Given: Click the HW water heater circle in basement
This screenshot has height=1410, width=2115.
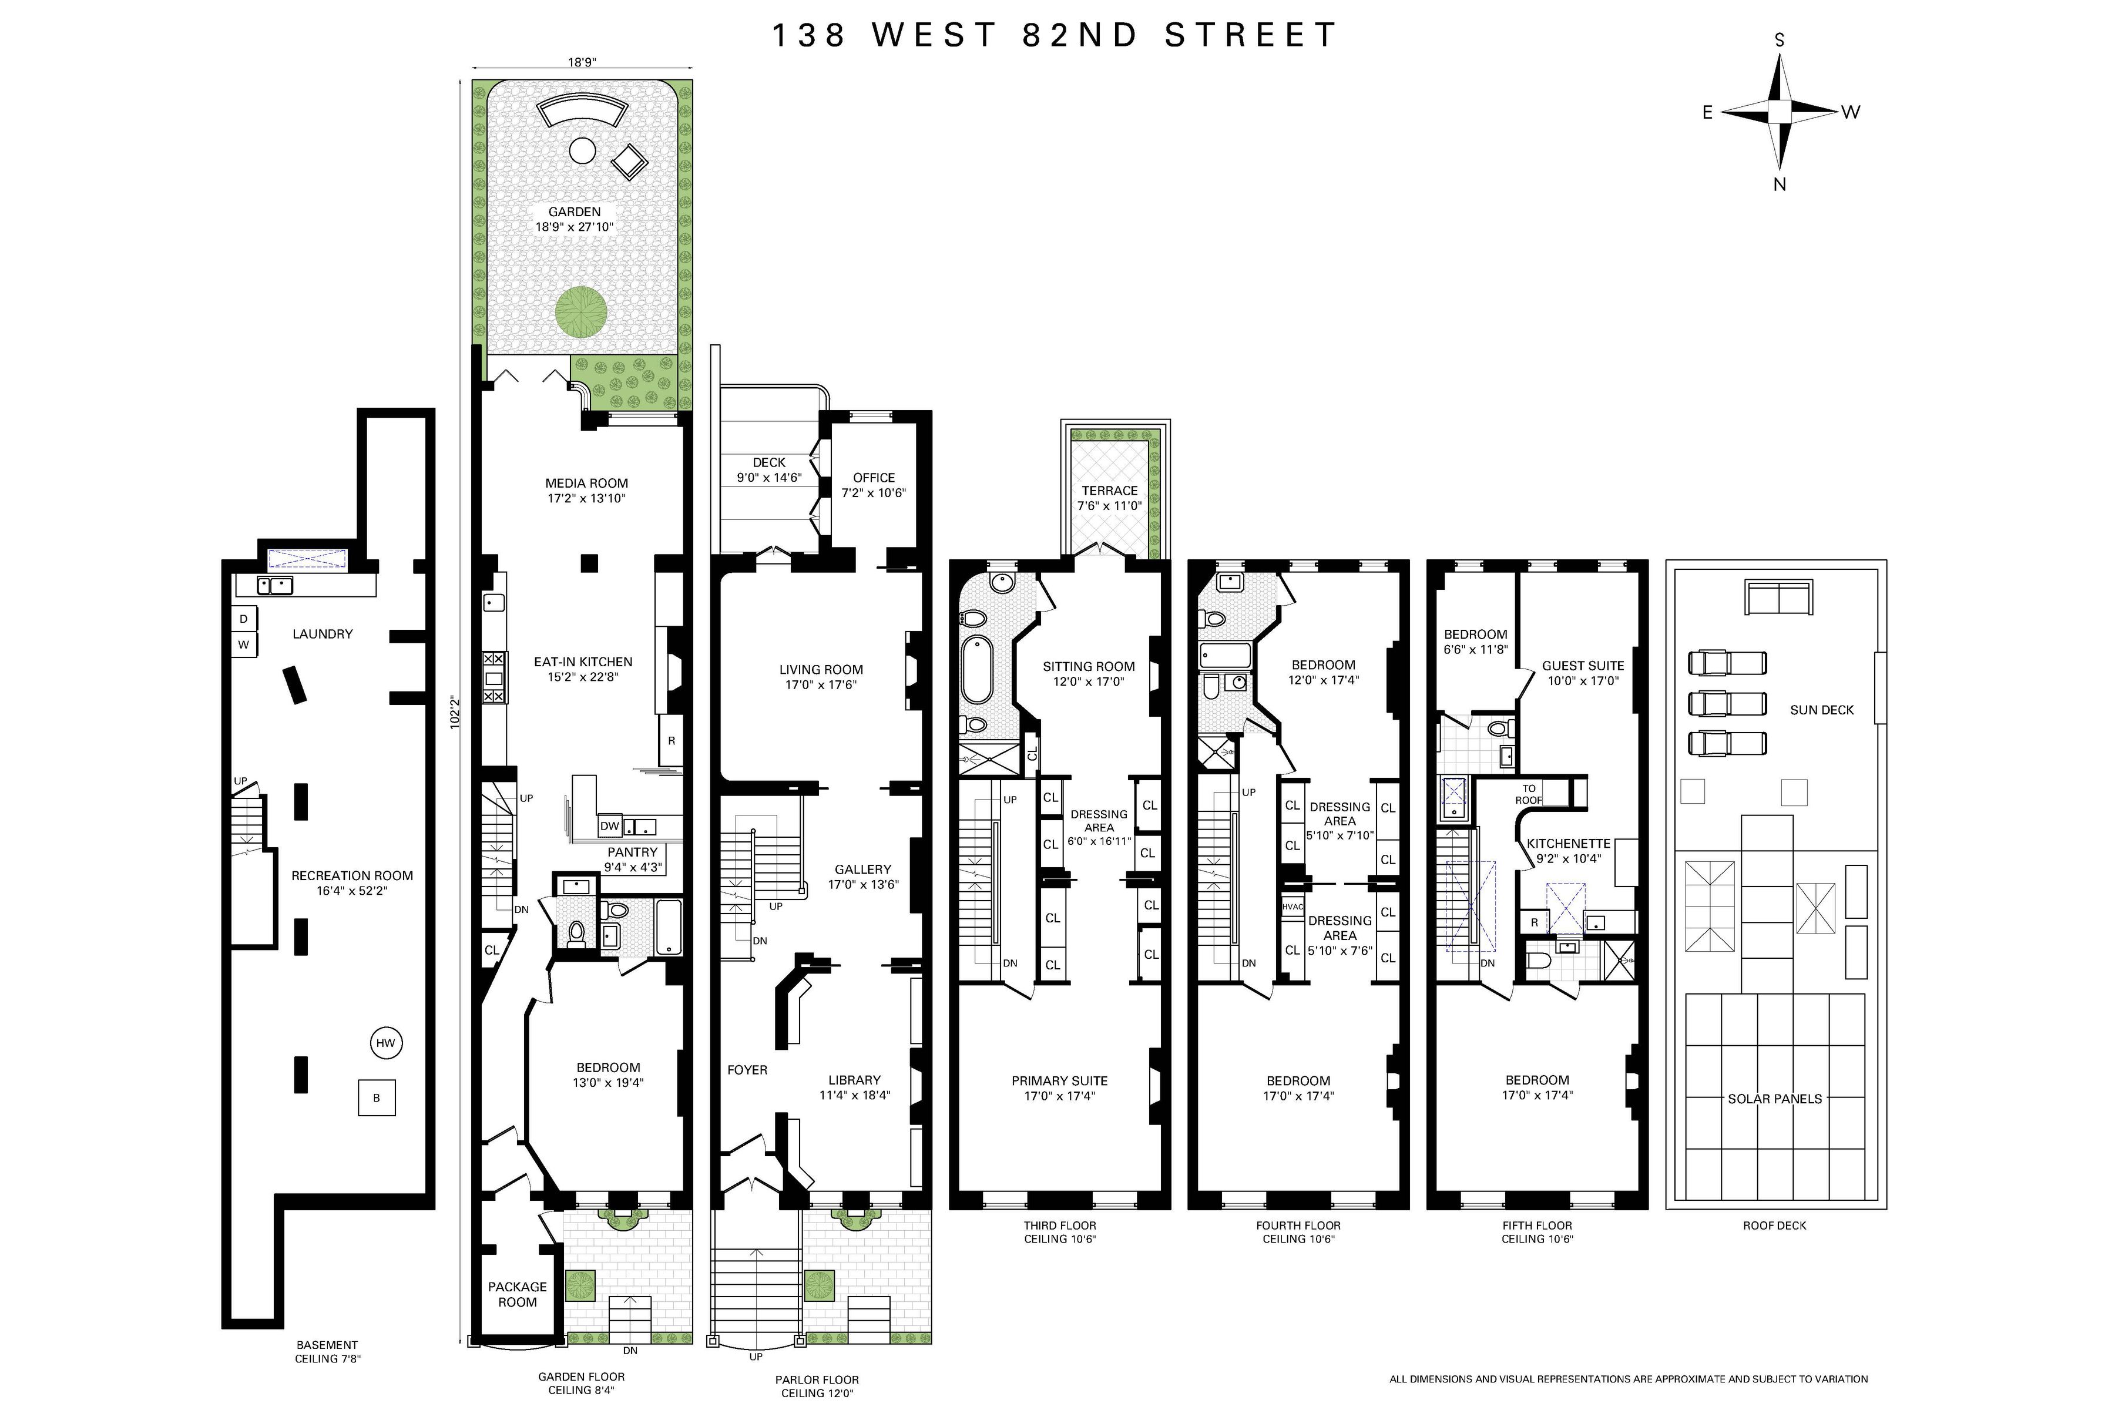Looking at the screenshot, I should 386,1043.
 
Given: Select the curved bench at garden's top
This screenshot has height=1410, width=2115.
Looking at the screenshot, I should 581,112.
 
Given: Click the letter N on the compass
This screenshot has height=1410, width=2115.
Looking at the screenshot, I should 1779,184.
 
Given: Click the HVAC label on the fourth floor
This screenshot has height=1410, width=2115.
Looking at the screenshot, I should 1292,907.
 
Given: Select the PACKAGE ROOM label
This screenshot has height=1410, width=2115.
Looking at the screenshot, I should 517,1294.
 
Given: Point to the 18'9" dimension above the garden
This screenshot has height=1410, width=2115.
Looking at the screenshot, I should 582,62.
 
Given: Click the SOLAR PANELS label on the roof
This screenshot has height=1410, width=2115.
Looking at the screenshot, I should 1774,1099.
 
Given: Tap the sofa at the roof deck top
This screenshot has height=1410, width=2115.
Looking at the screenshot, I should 1778,597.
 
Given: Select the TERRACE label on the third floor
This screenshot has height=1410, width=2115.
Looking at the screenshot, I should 1109,490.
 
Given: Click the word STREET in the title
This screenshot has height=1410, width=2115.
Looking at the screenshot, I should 1250,35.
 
